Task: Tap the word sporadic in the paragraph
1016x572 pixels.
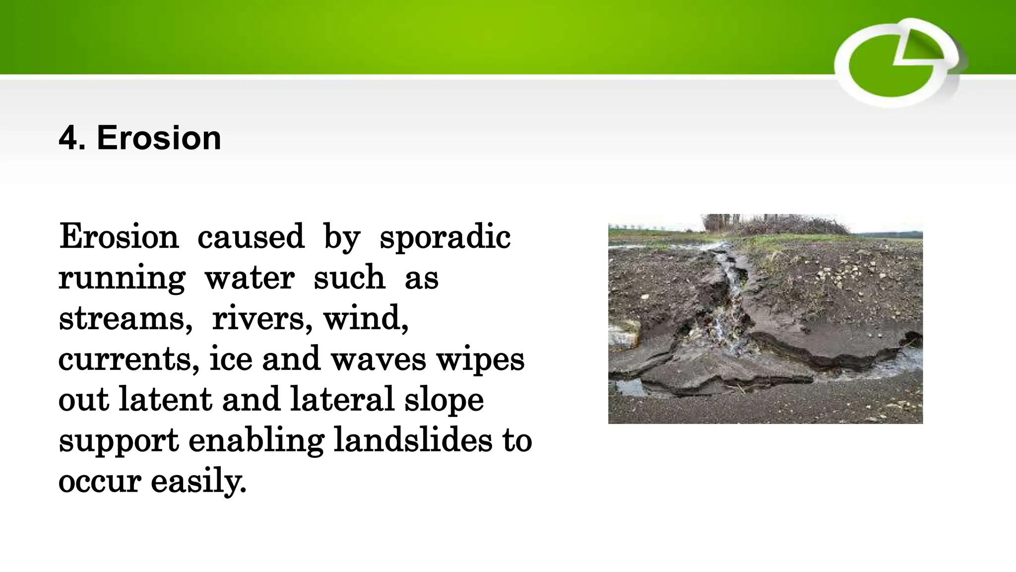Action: click(445, 237)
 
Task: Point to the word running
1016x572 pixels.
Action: click(122, 278)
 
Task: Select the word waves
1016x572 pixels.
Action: click(378, 359)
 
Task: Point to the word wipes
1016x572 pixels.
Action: click(480, 360)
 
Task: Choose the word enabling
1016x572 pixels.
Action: click(256, 441)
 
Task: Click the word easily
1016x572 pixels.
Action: click(198, 482)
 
